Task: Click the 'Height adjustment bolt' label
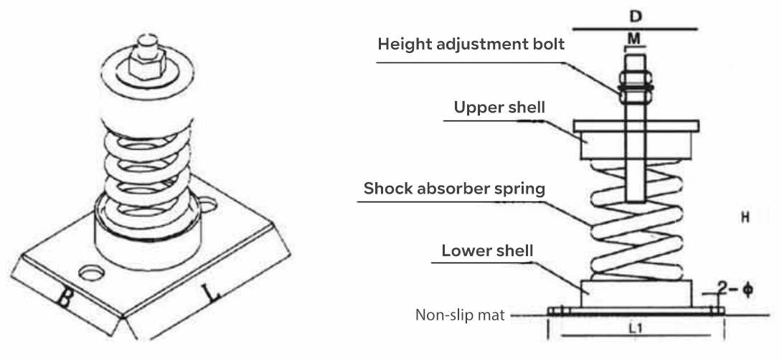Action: tap(471, 44)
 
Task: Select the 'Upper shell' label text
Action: tap(499, 107)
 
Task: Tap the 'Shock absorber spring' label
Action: tap(454, 189)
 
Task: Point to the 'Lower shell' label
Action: tap(487, 250)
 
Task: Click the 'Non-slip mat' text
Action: tap(460, 315)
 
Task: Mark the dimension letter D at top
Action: tap(635, 16)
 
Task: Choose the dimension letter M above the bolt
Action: tap(634, 39)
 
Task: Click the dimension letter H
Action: tap(745, 217)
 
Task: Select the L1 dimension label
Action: tap(634, 328)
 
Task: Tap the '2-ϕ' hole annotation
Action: tap(735, 290)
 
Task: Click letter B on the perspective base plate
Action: tap(64, 298)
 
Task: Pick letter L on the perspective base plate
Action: tap(212, 293)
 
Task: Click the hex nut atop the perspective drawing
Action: tap(144, 62)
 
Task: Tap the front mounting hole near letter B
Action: tap(92, 273)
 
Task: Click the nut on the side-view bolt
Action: tap(635, 87)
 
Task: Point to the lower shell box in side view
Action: tap(636, 294)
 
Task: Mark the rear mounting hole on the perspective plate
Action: tap(208, 204)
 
